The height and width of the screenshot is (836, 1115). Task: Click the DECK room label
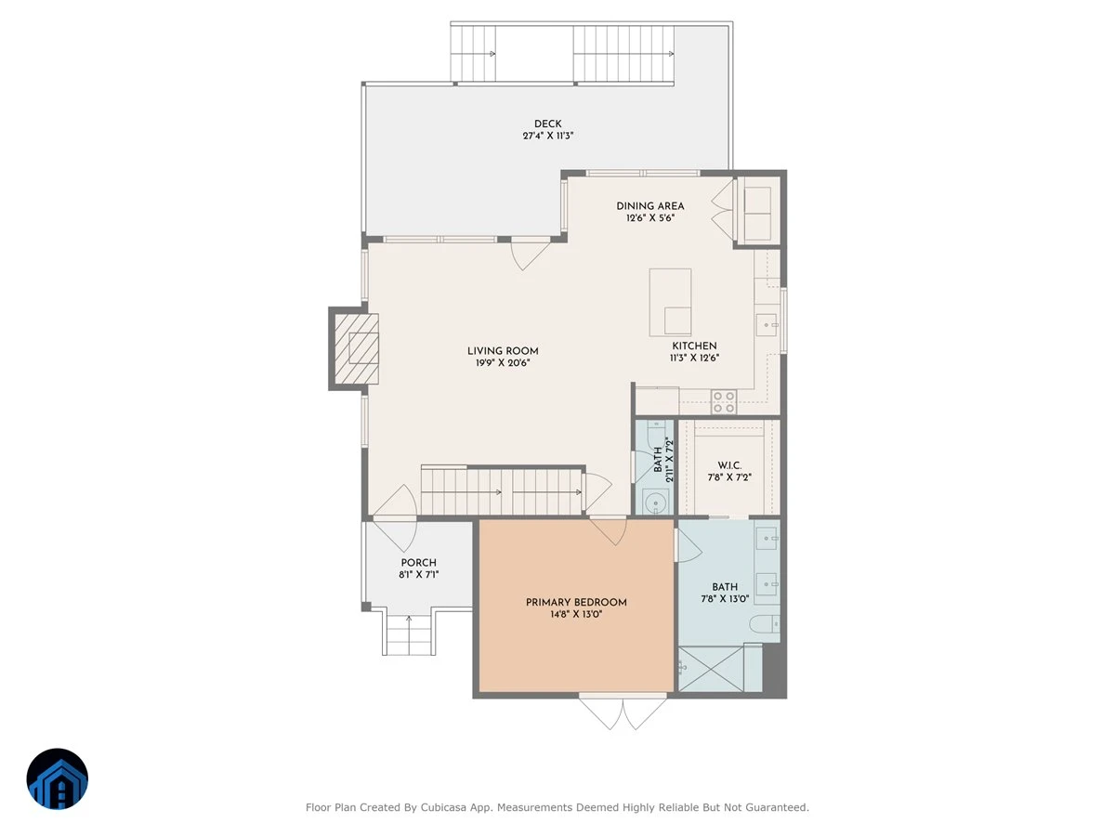547,124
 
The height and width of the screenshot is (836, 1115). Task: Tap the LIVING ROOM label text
503,351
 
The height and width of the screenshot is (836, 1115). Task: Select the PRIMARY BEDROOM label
576,602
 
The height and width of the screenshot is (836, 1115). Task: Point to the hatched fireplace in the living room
357,348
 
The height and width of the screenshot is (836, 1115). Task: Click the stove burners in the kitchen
723,401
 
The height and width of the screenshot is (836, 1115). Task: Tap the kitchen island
670,303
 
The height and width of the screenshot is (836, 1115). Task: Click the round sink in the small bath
655,503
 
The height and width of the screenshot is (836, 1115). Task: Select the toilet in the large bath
765,624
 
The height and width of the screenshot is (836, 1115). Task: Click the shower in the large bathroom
720,668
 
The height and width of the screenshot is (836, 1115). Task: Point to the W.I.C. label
729,465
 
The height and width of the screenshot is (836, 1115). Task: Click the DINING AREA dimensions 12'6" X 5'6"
650,218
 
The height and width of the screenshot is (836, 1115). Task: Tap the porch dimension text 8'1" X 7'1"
418,575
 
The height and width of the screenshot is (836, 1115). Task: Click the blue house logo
58,778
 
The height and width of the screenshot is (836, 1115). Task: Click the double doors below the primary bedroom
623,712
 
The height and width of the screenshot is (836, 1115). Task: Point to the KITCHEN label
694,346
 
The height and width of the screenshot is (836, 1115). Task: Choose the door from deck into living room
531,255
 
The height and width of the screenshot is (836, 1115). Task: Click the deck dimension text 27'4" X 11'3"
548,136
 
